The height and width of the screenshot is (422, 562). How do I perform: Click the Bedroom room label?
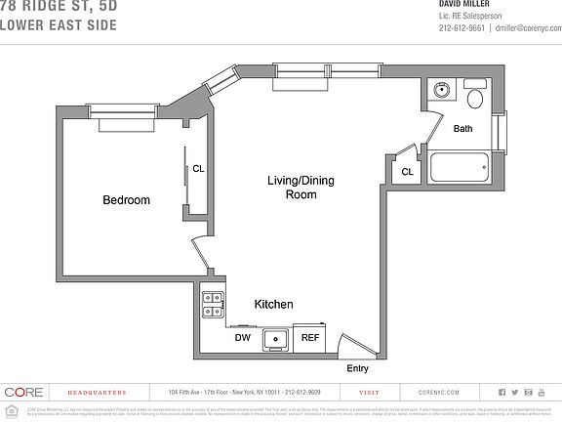click(127, 200)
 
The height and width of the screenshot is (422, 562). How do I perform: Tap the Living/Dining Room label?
click(301, 188)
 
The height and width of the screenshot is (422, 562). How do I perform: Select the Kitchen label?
click(273, 305)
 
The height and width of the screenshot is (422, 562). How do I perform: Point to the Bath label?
click(462, 128)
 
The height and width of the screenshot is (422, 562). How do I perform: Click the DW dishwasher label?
click(243, 338)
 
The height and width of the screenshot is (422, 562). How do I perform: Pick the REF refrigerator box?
click(310, 338)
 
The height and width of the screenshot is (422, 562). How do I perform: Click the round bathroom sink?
click(441, 93)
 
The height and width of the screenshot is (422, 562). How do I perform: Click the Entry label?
click(359, 368)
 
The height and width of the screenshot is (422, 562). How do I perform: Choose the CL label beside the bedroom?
click(198, 168)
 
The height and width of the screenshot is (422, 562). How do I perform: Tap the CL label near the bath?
click(407, 172)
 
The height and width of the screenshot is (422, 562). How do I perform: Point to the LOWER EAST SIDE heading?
click(59, 24)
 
